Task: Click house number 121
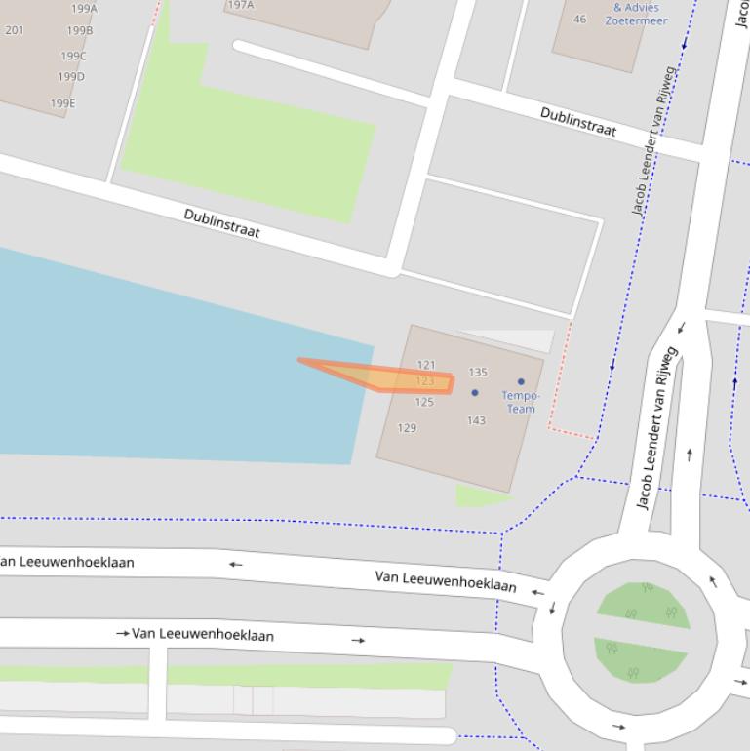[x=426, y=365]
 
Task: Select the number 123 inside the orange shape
[x=425, y=381]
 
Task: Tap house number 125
[x=424, y=402]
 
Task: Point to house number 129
[x=407, y=428]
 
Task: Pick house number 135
[x=478, y=372]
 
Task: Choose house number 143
[x=476, y=420]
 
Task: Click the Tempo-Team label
[x=521, y=402]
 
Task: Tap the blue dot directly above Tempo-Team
[x=521, y=382]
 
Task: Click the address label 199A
[x=84, y=9]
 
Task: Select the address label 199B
[x=80, y=30]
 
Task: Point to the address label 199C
[x=73, y=57]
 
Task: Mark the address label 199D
[x=70, y=77]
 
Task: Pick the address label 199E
[x=62, y=103]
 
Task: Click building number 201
[x=15, y=30]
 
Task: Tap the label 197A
[x=240, y=5]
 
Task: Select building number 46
[x=580, y=20]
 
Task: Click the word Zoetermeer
[x=636, y=20]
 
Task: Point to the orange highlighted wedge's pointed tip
[x=300, y=360]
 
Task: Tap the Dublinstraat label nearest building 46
[x=578, y=122]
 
